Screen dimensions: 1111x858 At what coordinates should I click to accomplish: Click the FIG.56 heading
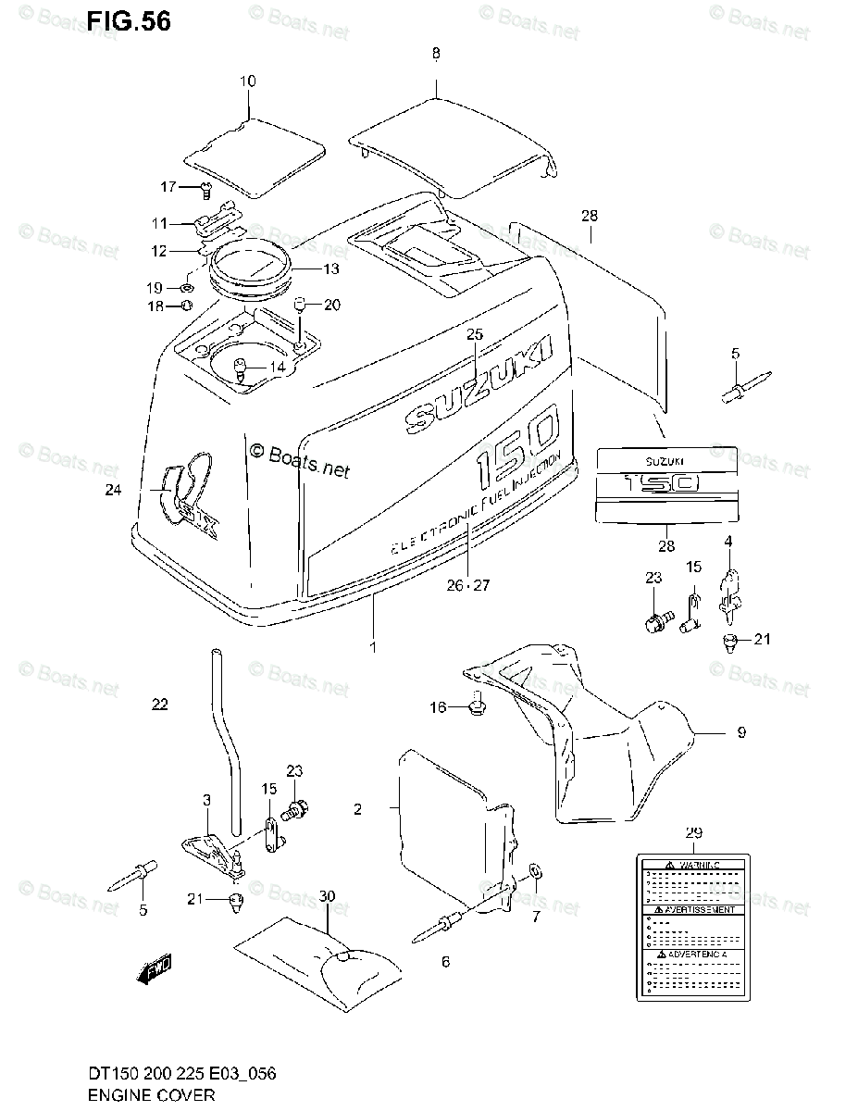pos(129,21)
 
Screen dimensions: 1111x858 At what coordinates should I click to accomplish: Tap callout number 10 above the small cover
pos(247,81)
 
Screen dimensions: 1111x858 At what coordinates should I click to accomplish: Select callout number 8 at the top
pos(436,54)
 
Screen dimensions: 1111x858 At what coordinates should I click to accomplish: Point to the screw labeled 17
pos(205,191)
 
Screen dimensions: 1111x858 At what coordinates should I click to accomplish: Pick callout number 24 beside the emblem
pos(113,491)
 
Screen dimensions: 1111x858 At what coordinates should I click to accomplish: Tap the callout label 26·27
pos(469,584)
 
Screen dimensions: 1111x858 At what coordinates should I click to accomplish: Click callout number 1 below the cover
pos(373,647)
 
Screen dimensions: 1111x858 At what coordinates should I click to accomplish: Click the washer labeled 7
pos(536,873)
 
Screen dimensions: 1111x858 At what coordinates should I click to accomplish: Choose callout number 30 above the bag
pos(325,896)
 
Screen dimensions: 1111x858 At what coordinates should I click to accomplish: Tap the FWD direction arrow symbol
pos(155,970)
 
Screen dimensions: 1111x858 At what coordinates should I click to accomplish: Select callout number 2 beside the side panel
pos(357,809)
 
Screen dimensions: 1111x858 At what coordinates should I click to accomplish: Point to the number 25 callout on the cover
pos(475,334)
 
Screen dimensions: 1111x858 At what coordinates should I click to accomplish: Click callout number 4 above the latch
pos(728,540)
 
